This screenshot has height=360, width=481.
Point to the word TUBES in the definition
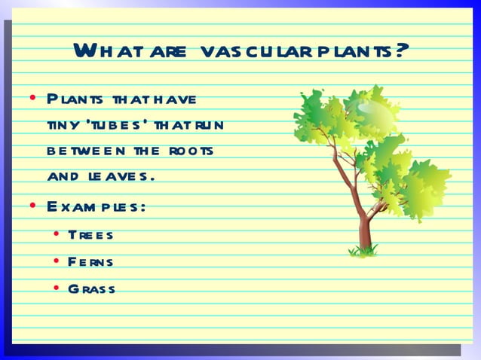112,125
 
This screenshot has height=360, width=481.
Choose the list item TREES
90,234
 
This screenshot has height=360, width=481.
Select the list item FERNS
90,261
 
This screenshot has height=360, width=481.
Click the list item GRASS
91,288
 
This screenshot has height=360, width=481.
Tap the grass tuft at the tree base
364,251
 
